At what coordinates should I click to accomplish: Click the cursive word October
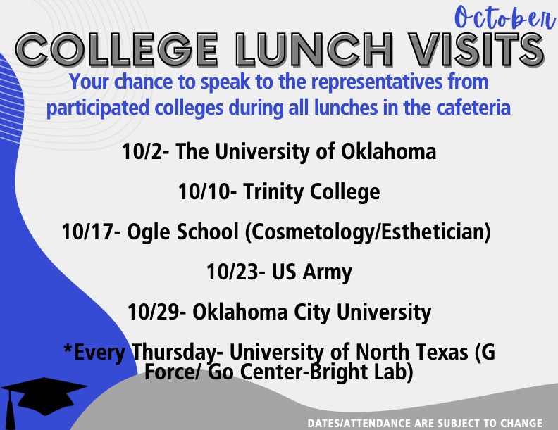pos(501,17)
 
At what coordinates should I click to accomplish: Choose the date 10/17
pos(89,232)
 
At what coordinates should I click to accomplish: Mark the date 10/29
pos(154,310)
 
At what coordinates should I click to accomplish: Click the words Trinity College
pos(312,191)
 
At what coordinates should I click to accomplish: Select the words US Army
pos(309,271)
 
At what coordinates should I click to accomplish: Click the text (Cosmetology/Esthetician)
pos(367,232)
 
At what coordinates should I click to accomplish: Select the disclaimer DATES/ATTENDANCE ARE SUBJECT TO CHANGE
pos(424,424)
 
